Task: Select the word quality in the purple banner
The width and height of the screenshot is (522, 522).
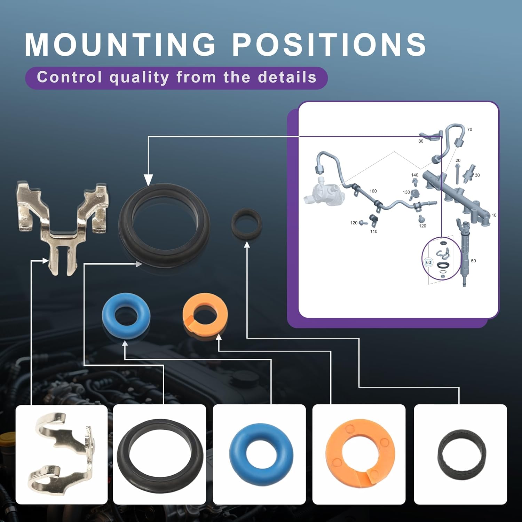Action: pos(139,78)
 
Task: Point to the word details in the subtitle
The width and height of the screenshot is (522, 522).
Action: pos(287,77)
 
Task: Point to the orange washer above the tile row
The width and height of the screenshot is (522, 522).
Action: pos(205,315)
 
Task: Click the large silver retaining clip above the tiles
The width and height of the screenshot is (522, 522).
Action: pos(62,226)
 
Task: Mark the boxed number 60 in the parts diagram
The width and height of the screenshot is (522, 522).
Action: pos(428,262)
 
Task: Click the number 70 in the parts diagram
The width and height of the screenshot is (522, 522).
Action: pos(469,129)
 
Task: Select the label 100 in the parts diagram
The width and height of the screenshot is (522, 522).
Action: pos(373,191)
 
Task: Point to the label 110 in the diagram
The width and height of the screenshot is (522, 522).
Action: pos(374,231)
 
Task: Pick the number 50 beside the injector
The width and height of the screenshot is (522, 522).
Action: pos(473,261)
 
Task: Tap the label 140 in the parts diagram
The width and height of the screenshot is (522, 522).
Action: pos(414,175)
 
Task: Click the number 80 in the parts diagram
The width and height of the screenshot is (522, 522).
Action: pos(421,141)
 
